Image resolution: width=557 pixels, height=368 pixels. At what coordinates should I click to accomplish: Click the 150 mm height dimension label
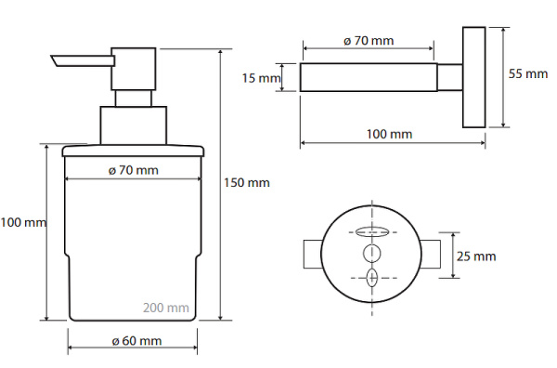click(x=247, y=183)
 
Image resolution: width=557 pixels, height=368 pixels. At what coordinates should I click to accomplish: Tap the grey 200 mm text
click(x=166, y=308)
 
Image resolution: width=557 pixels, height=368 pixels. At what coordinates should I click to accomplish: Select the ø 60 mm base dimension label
click(x=136, y=341)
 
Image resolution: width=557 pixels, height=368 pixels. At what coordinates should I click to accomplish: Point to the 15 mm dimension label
click(x=261, y=78)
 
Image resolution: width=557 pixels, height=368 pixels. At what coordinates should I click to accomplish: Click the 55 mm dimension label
click(x=528, y=73)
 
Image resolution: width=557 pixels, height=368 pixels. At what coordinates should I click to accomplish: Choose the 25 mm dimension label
click(x=476, y=256)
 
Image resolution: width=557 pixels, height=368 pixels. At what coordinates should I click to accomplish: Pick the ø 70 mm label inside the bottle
click(x=133, y=170)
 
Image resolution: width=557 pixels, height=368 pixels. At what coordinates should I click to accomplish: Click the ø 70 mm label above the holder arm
click(x=369, y=41)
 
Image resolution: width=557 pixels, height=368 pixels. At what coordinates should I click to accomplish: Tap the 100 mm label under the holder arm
click(x=389, y=134)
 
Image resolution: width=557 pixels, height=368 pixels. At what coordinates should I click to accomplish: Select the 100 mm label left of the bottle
click(x=23, y=223)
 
